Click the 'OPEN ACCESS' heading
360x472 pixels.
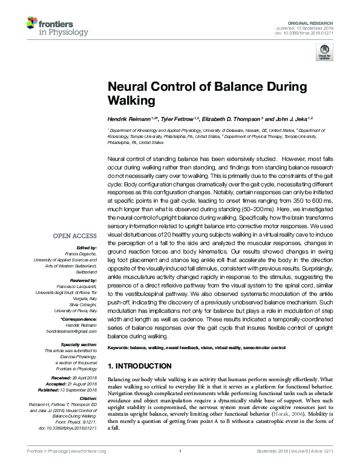click(x=74, y=236)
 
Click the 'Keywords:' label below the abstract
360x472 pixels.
click(x=120, y=349)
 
